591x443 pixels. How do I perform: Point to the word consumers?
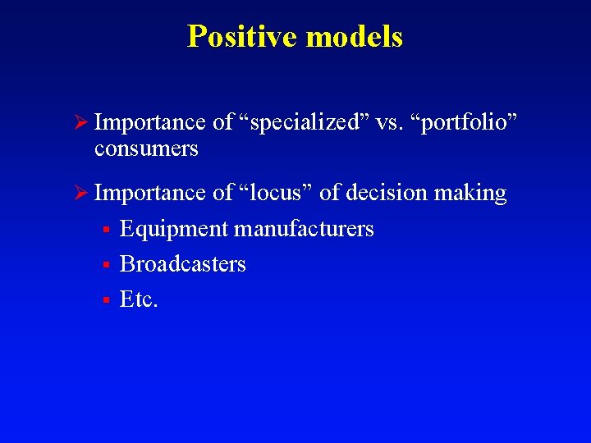point(146,148)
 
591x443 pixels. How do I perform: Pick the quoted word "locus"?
point(275,193)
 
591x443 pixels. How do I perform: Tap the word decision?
point(386,193)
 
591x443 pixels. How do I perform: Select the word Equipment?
point(173,229)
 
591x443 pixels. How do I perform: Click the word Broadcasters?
point(182,264)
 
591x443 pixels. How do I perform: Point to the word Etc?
point(139,299)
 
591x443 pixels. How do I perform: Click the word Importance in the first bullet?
point(150,123)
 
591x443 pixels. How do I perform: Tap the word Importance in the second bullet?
point(150,194)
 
